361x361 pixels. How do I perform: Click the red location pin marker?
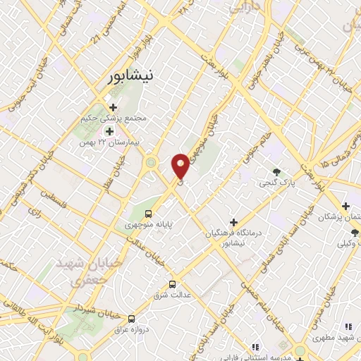pyautogui.click(x=181, y=166)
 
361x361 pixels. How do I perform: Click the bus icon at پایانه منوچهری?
pyautogui.click(x=148, y=214)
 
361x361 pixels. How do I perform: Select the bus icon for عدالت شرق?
pyautogui.click(x=172, y=285)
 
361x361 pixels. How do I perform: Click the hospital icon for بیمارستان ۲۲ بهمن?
pyautogui.click(x=109, y=130)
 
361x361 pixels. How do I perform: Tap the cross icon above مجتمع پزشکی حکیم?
pyautogui.click(x=113, y=107)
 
